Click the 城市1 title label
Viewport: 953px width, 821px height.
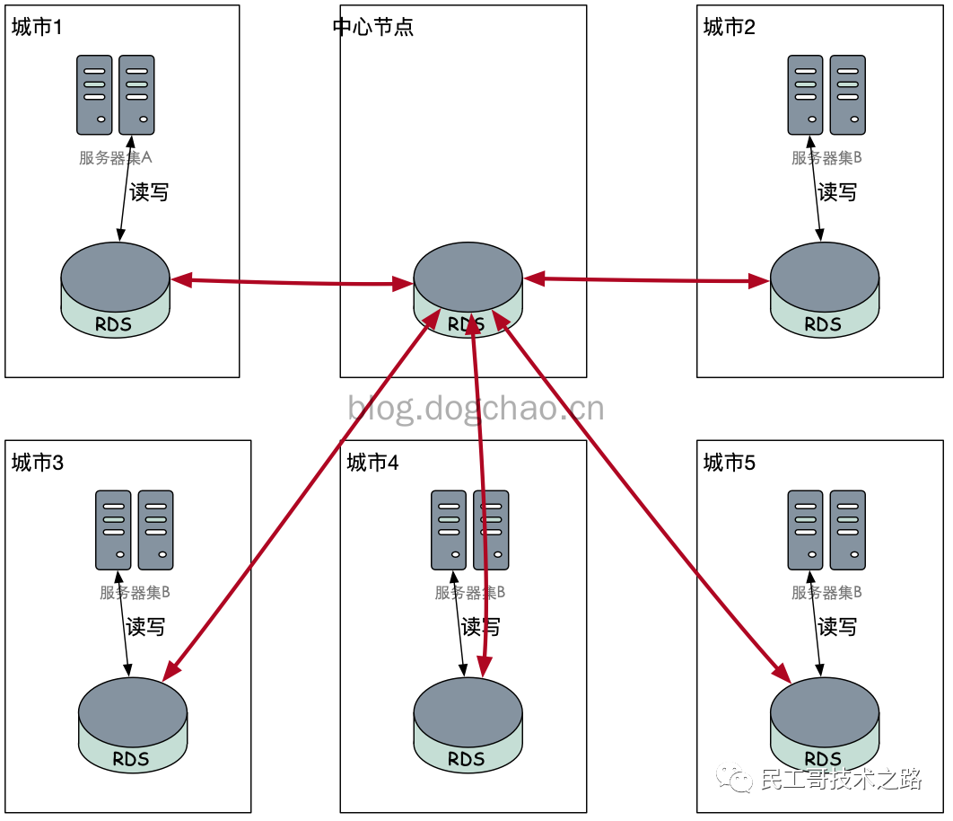click(37, 27)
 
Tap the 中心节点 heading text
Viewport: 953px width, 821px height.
click(373, 27)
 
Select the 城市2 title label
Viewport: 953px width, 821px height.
click(729, 27)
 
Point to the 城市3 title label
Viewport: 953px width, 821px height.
click(37, 463)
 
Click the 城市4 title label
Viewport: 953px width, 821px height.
click(372, 463)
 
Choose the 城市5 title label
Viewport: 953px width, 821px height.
click(729, 463)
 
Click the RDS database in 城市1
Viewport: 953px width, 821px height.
click(115, 290)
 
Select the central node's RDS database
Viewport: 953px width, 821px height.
click(468, 290)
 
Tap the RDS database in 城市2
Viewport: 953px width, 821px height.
click(824, 290)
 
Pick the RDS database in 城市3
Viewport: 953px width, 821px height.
click(133, 725)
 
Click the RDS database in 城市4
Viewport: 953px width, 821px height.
click(468, 725)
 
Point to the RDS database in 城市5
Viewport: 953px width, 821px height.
click(824, 725)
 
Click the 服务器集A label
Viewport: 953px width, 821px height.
click(116, 157)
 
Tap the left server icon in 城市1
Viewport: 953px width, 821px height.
click(94, 95)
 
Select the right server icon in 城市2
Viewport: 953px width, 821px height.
click(847, 95)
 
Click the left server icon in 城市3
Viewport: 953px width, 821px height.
click(113, 530)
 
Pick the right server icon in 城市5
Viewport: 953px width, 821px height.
click(847, 530)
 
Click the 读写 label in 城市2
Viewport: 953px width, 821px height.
click(837, 192)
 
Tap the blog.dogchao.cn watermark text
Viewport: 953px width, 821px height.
click(476, 408)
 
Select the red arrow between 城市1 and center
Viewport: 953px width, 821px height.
click(292, 282)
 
